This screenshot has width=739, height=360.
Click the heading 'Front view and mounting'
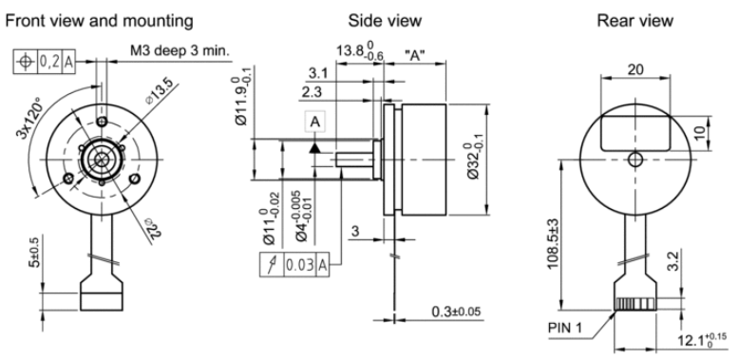click(99, 21)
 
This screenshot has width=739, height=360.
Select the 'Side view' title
click(385, 21)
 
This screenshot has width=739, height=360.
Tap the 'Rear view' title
click(635, 21)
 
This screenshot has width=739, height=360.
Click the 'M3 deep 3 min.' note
click(180, 50)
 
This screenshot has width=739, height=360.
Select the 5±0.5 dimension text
click(35, 251)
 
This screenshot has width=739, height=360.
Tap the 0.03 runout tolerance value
click(299, 265)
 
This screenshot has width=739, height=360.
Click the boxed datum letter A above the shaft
click(314, 122)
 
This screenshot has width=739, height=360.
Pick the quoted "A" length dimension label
click(415, 56)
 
